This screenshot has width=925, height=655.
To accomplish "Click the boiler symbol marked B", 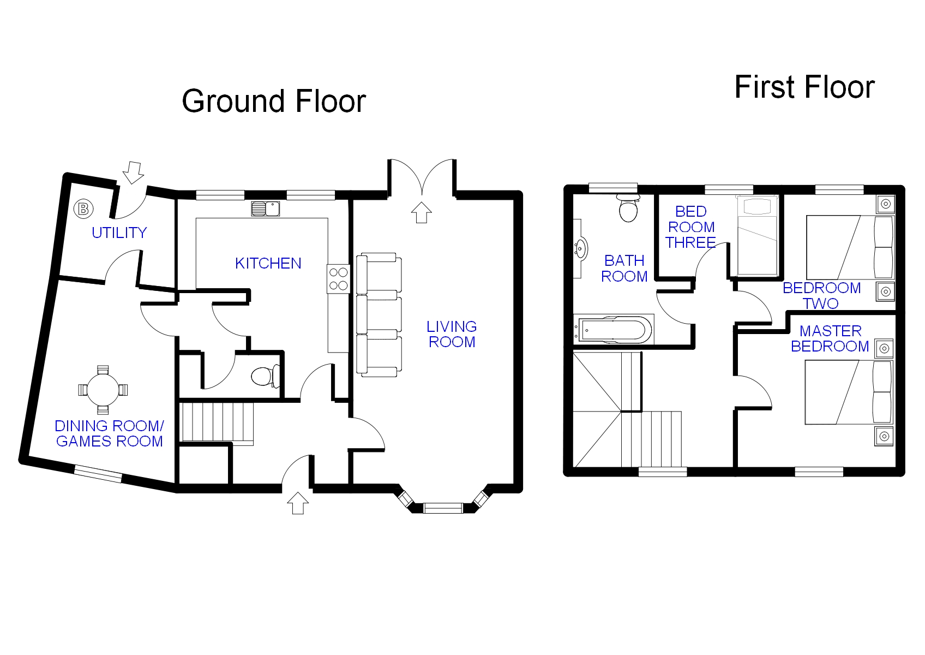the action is pyautogui.click(x=83, y=209).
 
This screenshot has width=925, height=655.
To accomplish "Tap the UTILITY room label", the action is pyautogui.click(x=119, y=233).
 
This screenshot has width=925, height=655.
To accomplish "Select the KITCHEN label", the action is pyautogui.click(x=268, y=263).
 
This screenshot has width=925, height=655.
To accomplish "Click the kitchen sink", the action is pyautogui.click(x=266, y=209).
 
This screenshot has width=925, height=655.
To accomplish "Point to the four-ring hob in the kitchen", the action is pyautogui.click(x=338, y=278).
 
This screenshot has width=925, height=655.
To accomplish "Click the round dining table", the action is pyautogui.click(x=103, y=390).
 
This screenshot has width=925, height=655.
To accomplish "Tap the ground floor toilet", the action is pyautogui.click(x=265, y=377).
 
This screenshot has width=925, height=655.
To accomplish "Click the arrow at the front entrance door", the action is pyautogui.click(x=298, y=503).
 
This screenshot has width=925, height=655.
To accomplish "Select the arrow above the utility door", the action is pyautogui.click(x=134, y=172).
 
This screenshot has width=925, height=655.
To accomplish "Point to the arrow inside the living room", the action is pyautogui.click(x=421, y=212).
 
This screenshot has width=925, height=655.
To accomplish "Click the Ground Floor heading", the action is pyautogui.click(x=274, y=101).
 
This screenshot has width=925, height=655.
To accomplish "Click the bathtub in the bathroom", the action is pyautogui.click(x=614, y=330).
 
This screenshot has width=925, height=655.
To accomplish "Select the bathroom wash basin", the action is pyautogui.click(x=580, y=248).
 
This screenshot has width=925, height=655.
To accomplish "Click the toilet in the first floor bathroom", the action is pyautogui.click(x=628, y=208).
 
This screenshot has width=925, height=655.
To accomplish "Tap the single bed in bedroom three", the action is pyautogui.click(x=758, y=236).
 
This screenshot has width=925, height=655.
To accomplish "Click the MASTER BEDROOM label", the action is pyautogui.click(x=830, y=338).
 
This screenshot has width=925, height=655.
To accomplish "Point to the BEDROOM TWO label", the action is pyautogui.click(x=821, y=295).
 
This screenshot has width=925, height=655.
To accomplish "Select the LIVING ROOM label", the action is pyautogui.click(x=452, y=334).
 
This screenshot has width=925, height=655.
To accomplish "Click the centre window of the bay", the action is pyautogui.click(x=443, y=508).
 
